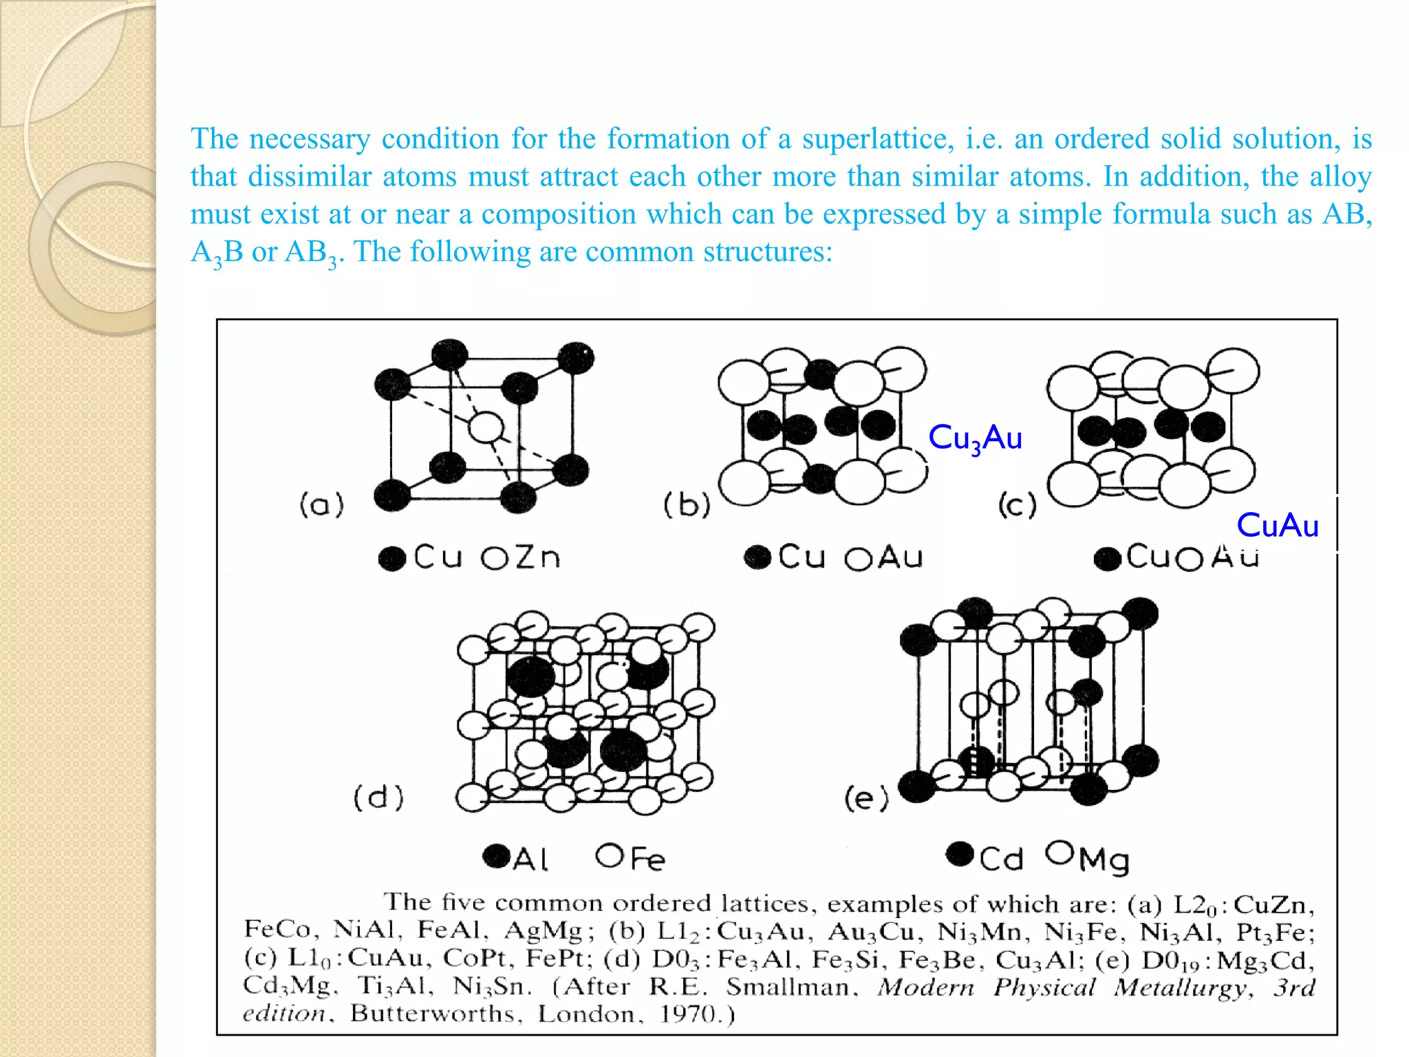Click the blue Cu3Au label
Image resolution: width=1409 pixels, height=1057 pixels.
click(975, 438)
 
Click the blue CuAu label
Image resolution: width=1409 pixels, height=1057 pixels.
click(1277, 526)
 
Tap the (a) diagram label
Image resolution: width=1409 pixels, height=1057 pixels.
click(321, 505)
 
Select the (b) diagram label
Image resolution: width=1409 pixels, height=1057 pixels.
click(687, 505)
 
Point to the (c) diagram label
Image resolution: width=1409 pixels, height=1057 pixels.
click(1017, 505)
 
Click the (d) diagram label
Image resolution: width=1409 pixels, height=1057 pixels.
click(378, 798)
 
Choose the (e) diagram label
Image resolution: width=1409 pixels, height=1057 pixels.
click(866, 799)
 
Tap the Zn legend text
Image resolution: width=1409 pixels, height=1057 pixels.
click(538, 557)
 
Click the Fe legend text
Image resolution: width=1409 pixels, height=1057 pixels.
click(647, 859)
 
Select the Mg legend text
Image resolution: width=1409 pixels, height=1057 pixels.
click(1104, 860)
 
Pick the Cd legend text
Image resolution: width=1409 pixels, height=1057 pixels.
click(1001, 860)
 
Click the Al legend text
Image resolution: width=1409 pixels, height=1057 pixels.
click(530, 860)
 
